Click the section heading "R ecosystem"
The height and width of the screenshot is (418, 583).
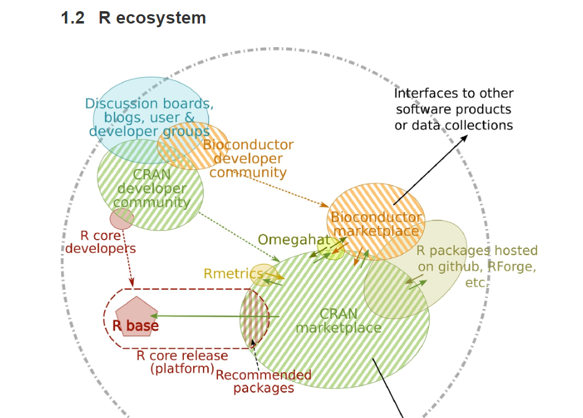pyautogui.click(x=152, y=18)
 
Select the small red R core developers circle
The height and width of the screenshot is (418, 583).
pyautogui.click(x=122, y=218)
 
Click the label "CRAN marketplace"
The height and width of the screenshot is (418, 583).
pyautogui.click(x=339, y=321)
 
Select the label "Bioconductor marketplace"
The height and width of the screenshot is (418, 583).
pyautogui.click(x=376, y=224)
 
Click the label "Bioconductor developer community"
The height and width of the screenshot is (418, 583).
pyautogui.click(x=248, y=159)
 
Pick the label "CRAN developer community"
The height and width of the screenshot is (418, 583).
pyautogui.click(x=152, y=188)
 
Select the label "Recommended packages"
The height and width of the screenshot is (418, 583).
pyautogui.click(x=264, y=381)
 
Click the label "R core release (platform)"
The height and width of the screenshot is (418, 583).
pyautogui.click(x=182, y=362)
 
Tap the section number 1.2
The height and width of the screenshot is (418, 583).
pyautogui.click(x=72, y=18)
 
